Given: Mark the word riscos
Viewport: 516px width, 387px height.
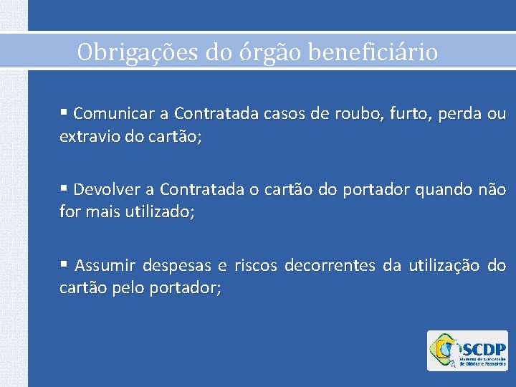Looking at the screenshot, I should pyautogui.click(x=255, y=267).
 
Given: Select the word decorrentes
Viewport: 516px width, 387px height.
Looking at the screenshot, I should pyautogui.click(x=330, y=267).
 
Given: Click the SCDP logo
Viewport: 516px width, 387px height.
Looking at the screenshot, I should pyautogui.click(x=467, y=351).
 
